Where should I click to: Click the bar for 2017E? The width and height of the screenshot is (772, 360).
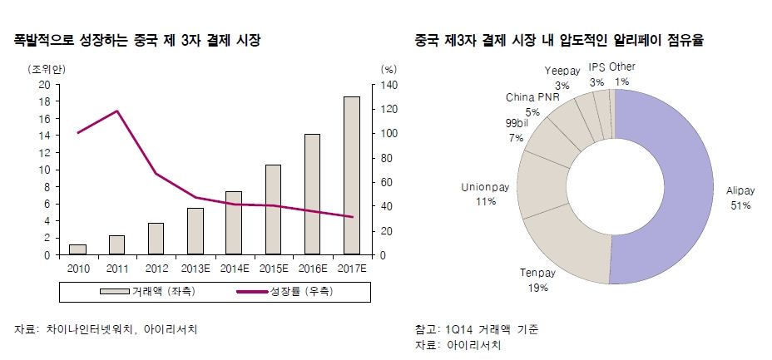352,175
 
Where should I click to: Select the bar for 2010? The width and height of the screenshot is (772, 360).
77,249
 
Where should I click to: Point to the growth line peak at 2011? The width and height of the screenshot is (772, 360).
116,111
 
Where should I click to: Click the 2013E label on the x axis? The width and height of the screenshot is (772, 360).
195,267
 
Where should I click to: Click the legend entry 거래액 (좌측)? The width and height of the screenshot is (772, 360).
138,292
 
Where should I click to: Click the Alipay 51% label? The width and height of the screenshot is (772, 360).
739,197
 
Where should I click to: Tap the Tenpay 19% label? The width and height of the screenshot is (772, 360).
537,280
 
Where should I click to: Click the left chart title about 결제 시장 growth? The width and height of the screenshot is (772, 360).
136,40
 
